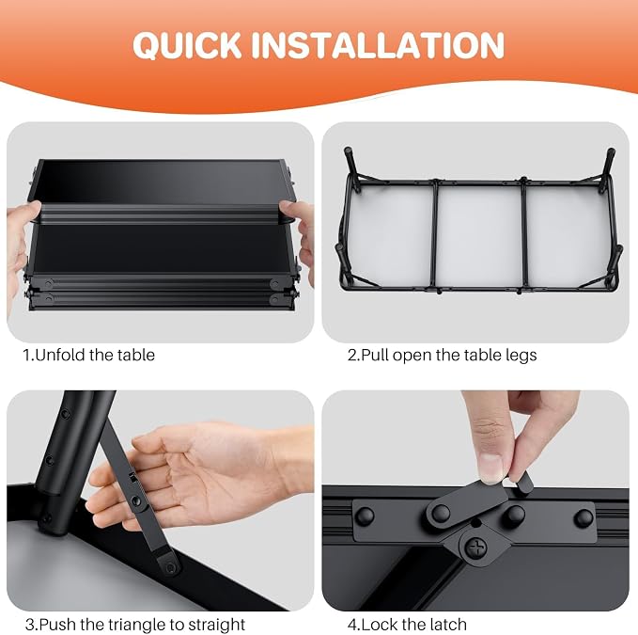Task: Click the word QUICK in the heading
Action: tap(187, 45)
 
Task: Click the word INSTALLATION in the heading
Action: tap(378, 45)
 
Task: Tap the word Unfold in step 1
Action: tap(61, 355)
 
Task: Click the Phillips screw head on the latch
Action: tap(476, 548)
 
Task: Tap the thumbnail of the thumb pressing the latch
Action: tap(490, 468)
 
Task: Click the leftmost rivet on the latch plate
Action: tap(365, 516)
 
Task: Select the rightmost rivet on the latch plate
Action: tap(584, 517)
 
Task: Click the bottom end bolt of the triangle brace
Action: tap(171, 567)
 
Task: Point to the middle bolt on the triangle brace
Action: tap(136, 500)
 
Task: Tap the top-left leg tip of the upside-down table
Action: tap(348, 150)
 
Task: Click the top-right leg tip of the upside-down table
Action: tap(611, 151)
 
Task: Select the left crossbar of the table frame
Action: tap(436, 235)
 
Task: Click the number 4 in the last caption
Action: tap(352, 625)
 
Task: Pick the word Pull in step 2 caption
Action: tap(375, 356)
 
